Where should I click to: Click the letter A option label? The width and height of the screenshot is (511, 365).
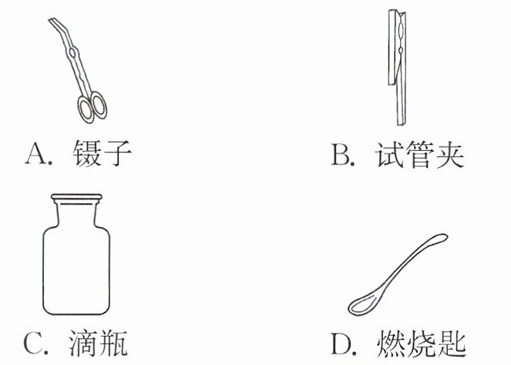[36, 154]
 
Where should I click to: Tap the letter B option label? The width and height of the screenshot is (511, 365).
[341, 154]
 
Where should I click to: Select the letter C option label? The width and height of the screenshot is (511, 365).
[33, 343]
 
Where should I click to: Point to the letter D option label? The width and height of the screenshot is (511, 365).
[341, 343]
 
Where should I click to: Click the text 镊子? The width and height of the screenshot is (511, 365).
[102, 153]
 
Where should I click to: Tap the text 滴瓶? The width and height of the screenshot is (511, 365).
[98, 343]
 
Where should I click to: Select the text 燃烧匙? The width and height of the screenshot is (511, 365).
[421, 343]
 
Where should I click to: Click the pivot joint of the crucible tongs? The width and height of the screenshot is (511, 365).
[73, 52]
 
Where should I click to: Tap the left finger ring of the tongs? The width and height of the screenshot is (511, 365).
[86, 109]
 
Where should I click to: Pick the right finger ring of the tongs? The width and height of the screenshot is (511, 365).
[99, 105]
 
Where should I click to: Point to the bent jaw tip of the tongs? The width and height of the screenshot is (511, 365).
[52, 21]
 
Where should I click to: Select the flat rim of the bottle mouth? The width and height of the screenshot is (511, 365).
[76, 197]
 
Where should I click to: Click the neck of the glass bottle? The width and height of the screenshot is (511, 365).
[76, 213]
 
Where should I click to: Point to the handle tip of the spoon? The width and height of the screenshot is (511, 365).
[443, 238]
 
